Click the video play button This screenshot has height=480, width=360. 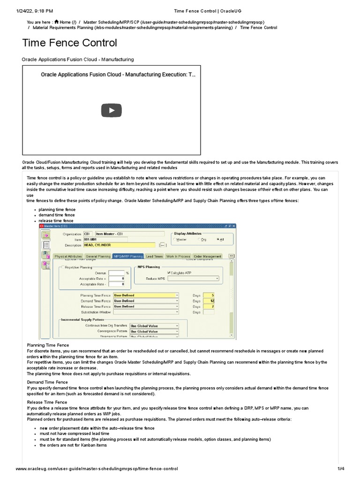click(112, 110)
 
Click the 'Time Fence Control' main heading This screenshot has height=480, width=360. click(70, 43)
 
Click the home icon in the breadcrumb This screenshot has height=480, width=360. click(56, 22)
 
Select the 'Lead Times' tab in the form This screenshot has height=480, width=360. click(154, 256)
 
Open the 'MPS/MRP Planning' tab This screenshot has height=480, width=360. click(128, 256)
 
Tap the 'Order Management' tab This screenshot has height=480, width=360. click(207, 256)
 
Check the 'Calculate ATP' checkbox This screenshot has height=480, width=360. click(169, 272)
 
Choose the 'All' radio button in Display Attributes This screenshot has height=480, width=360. click(217, 239)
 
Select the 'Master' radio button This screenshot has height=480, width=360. click(175, 239)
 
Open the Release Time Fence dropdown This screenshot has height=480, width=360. click(177, 306)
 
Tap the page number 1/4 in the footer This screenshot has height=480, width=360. click(341, 469)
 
